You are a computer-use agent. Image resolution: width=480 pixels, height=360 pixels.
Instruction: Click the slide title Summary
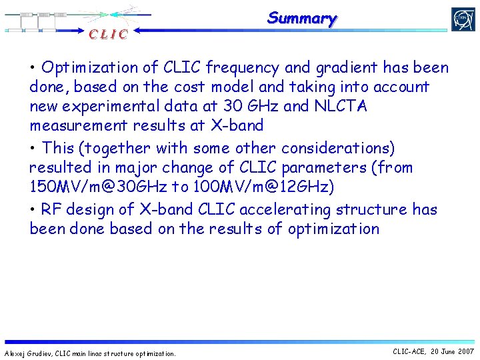click(x=302, y=18)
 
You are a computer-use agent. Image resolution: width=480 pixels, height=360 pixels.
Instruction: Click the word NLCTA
click(x=337, y=106)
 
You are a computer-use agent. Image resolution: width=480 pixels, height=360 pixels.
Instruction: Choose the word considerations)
click(x=347, y=147)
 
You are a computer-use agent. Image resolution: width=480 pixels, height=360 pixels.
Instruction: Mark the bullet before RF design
click(x=33, y=210)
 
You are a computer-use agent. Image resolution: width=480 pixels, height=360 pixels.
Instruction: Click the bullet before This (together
click(x=33, y=148)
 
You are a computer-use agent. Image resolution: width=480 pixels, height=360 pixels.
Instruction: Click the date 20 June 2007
click(x=453, y=351)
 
